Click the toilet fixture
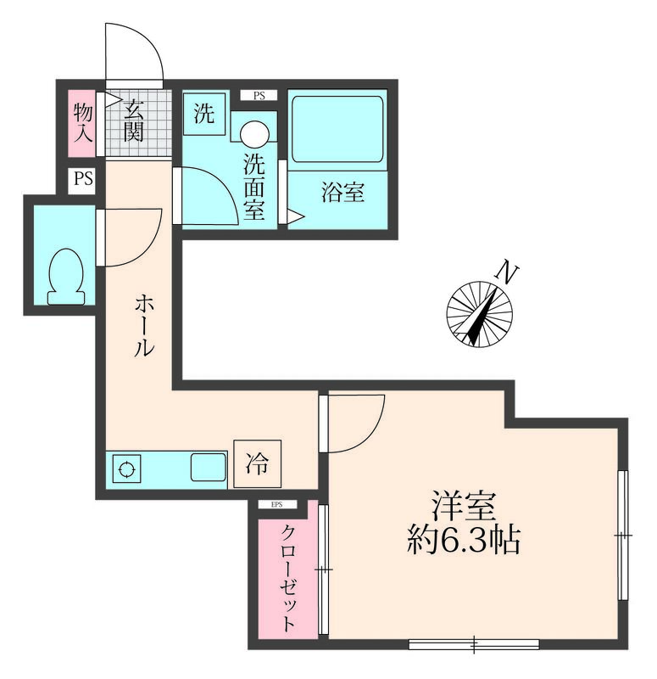[x=67, y=275]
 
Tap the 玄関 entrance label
[x=133, y=121]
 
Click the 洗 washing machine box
[x=204, y=115]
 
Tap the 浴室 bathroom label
[x=342, y=193]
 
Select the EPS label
[x=277, y=505]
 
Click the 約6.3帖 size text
[x=462, y=540]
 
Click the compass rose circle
[x=480, y=315]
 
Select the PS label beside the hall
[x=82, y=180]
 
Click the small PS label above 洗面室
[x=259, y=96]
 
